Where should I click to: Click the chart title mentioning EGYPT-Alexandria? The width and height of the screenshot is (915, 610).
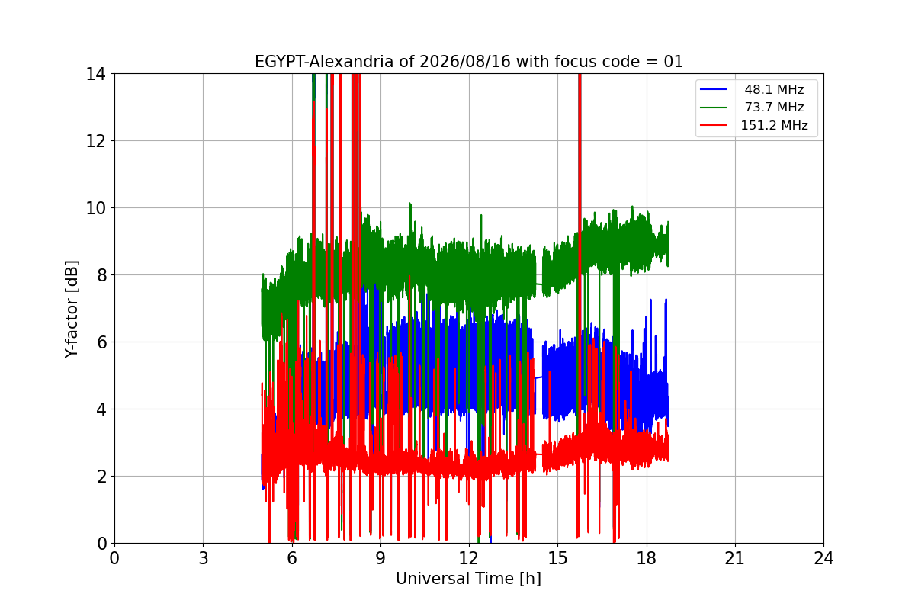468,62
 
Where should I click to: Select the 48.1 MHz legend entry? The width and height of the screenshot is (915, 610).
774,89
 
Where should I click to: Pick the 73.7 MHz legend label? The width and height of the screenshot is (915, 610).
774,107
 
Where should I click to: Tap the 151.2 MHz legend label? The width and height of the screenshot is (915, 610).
774,125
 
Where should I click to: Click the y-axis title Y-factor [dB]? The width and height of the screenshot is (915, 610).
72,309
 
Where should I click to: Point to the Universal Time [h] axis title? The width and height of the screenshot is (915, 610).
468,579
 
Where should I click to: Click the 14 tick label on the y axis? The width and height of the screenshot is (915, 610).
95,75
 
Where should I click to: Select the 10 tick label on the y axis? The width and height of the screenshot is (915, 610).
95,208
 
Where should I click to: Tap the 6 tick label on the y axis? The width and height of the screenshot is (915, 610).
101,342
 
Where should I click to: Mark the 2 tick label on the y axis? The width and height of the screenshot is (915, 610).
101,477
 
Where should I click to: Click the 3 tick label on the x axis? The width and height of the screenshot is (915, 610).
204,558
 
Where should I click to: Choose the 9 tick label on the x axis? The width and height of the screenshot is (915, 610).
380,558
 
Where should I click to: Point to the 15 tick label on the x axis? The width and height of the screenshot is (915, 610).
558,558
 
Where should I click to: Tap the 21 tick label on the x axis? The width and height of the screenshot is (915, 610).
735,558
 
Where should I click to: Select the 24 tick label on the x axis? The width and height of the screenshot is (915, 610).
824,558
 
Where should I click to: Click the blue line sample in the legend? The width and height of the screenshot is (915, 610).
713,89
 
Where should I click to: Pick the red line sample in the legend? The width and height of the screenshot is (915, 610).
713,125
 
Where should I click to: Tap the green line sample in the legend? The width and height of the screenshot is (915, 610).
713,107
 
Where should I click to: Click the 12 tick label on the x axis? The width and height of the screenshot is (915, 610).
470,558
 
